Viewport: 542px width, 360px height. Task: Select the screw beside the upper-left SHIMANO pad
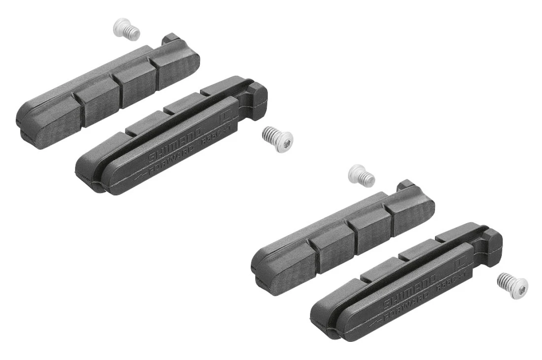point(277,136)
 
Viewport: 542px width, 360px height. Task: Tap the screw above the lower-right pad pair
point(362,176)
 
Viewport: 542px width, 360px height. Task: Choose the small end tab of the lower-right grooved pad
point(406,186)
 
